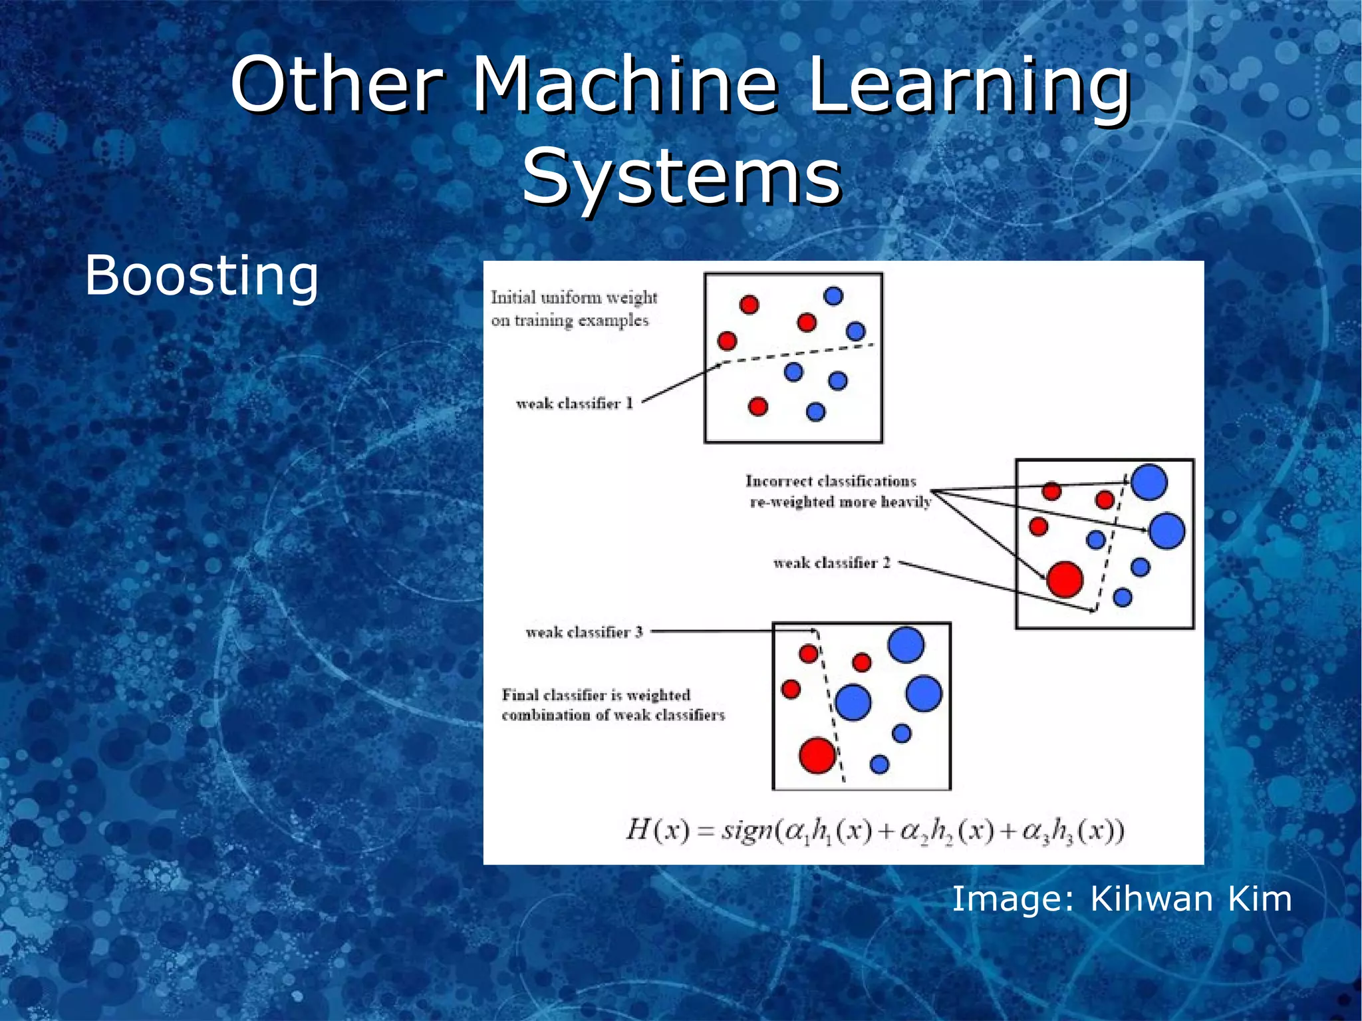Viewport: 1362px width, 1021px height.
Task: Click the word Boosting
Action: click(202, 275)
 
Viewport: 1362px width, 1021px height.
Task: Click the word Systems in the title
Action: click(682, 176)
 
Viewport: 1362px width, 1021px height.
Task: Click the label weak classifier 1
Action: click(574, 404)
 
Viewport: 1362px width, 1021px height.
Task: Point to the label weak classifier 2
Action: click(831, 563)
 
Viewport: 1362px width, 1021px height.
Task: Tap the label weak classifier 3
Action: click(584, 632)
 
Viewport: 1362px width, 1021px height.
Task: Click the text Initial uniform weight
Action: click(574, 297)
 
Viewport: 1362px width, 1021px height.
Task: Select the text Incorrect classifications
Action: click(831, 481)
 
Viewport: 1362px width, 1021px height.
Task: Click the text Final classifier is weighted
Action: click(596, 695)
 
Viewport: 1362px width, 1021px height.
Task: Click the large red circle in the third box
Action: click(817, 755)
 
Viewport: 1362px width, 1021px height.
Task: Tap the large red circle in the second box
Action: click(1065, 579)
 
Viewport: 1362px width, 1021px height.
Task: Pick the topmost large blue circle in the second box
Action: click(1149, 482)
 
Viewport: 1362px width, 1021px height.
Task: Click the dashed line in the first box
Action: click(798, 353)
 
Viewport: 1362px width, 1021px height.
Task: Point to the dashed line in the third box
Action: click(830, 705)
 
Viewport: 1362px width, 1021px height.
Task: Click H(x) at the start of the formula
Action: click(657, 831)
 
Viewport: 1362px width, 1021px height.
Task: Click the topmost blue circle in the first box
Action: click(833, 296)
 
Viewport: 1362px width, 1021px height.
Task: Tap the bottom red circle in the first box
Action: click(757, 406)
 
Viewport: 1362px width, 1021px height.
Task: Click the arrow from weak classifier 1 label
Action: click(682, 382)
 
